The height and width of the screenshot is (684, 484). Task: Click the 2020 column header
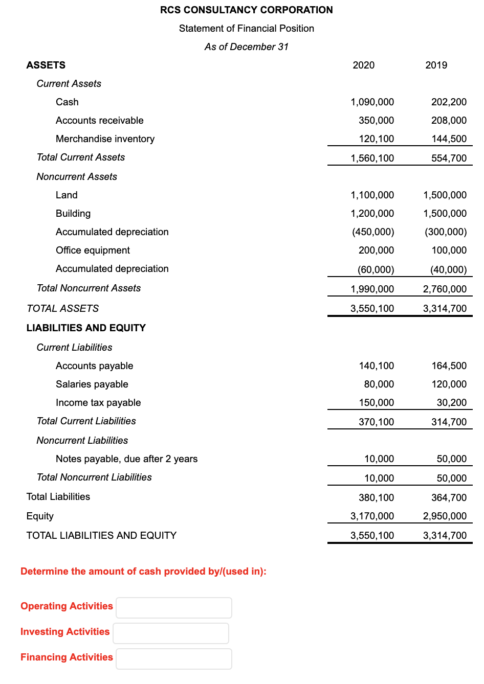(x=363, y=65)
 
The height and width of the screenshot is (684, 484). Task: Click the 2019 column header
(x=436, y=65)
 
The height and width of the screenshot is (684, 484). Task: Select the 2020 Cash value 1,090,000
(x=372, y=102)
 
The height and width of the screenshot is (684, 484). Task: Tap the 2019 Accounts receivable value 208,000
(x=449, y=120)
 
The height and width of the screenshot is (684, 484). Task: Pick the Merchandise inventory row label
(x=105, y=139)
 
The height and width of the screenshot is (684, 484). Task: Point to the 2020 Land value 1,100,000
(x=372, y=195)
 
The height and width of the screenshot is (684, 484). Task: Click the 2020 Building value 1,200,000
(x=372, y=213)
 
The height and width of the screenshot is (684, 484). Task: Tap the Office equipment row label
(x=93, y=250)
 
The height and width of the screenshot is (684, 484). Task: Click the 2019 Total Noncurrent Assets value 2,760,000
(x=445, y=289)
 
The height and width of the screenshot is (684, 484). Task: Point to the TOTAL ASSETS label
(x=62, y=308)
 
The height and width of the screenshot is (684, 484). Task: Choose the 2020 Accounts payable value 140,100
(x=376, y=366)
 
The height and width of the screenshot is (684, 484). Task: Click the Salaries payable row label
(x=92, y=384)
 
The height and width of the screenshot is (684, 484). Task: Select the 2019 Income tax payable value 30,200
(x=451, y=402)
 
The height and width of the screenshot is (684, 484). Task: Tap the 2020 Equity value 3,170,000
(x=372, y=516)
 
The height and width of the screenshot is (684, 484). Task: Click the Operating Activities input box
(x=174, y=608)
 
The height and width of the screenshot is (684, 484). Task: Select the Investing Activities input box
(x=171, y=633)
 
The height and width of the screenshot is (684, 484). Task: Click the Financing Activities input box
(x=174, y=659)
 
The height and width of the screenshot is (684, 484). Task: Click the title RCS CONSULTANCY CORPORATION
(x=246, y=10)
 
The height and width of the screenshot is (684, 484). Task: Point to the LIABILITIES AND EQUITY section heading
(x=86, y=328)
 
